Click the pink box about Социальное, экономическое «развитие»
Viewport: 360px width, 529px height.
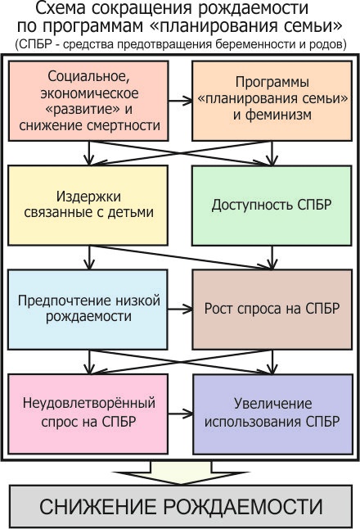[x=88, y=101]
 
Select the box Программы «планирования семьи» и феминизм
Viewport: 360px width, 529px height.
[x=272, y=101]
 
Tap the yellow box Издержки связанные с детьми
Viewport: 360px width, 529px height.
[x=88, y=205]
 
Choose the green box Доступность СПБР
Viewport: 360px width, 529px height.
[x=272, y=205]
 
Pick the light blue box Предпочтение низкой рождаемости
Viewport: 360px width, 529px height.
[x=88, y=310]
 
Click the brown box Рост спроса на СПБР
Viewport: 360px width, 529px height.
[x=272, y=310]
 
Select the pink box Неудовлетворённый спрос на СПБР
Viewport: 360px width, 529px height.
[x=88, y=414]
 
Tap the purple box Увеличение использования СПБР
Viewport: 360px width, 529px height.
[x=272, y=414]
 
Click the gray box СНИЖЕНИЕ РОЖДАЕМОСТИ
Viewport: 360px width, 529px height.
[x=181, y=506]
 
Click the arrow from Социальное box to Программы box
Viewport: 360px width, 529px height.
[x=180, y=101]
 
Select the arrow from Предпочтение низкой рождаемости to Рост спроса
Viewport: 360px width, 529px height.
[x=180, y=309]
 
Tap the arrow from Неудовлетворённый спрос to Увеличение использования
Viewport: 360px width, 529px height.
[x=180, y=414]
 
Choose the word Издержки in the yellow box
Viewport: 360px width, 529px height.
[x=88, y=197]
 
